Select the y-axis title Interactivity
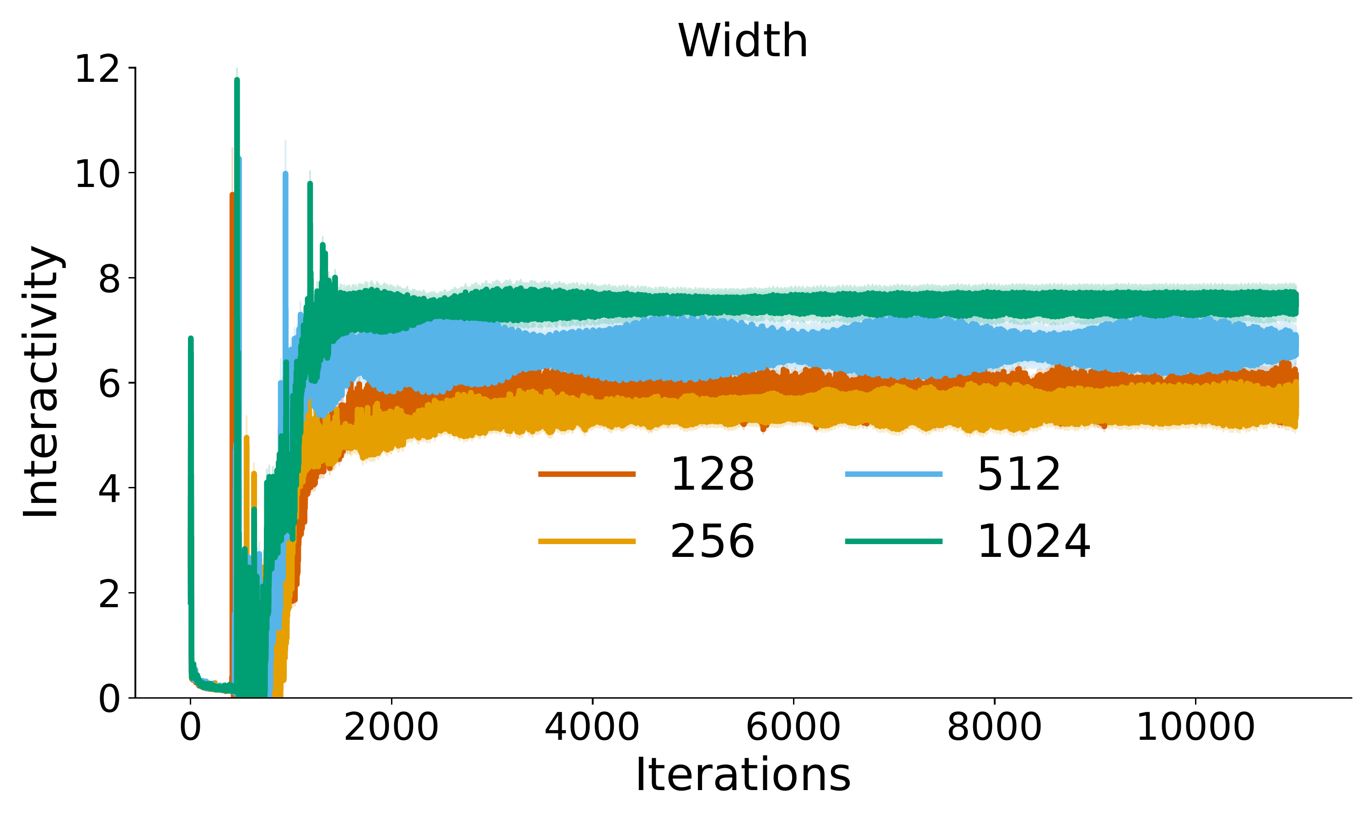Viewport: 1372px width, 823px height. [x=41, y=382]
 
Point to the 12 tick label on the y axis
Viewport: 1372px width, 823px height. [x=97, y=70]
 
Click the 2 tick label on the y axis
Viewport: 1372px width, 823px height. [x=109, y=594]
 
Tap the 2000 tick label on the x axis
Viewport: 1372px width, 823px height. [x=391, y=727]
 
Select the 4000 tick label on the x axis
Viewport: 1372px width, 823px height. [x=592, y=727]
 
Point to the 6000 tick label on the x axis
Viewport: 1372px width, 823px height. [x=793, y=727]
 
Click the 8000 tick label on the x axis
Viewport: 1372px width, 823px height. [x=994, y=727]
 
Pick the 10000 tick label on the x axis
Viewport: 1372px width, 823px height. [x=1195, y=727]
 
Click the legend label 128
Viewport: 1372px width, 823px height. [x=712, y=474]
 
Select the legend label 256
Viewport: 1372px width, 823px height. [x=712, y=541]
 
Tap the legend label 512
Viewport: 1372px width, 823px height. [x=1019, y=474]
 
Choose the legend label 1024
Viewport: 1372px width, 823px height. [x=1034, y=541]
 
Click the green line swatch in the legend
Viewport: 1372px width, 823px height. [x=894, y=541]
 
